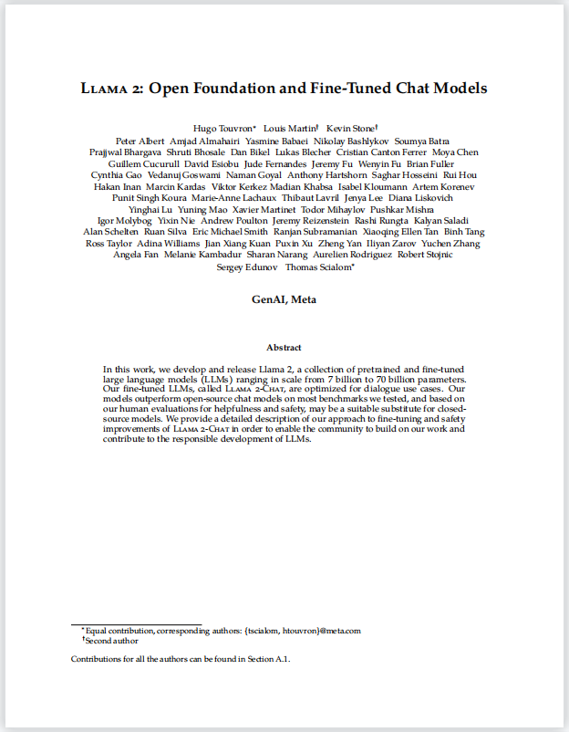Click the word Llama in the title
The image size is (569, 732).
pyautogui.click(x=105, y=89)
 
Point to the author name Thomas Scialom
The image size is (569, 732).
pyautogui.click(x=320, y=267)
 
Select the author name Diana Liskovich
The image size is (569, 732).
pyautogui.click(x=421, y=198)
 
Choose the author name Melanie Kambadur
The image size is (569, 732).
pyautogui.click(x=204, y=256)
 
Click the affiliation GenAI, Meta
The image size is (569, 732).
pyautogui.click(x=284, y=299)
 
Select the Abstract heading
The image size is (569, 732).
pyautogui.click(x=284, y=348)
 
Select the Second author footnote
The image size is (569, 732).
pyautogui.click(x=112, y=641)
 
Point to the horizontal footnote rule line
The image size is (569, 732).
pyautogui.click(x=136, y=624)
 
